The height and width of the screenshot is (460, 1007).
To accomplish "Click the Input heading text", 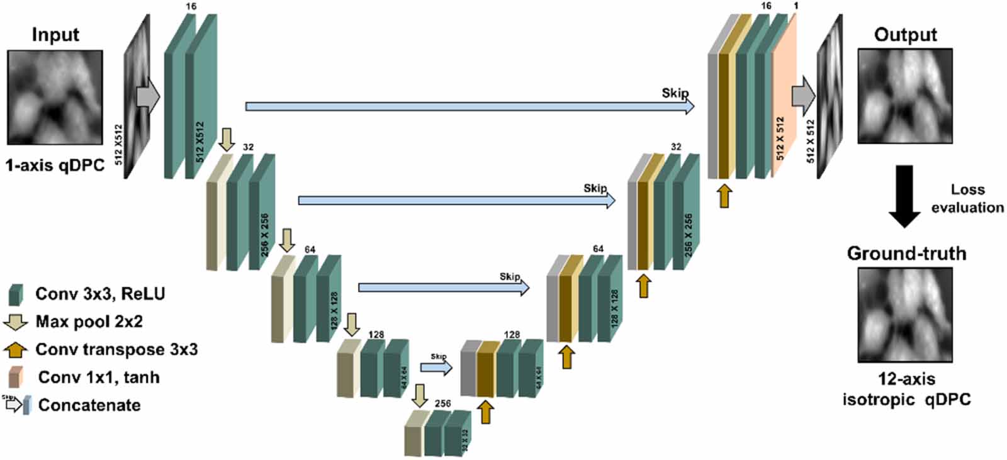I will (x=55, y=35).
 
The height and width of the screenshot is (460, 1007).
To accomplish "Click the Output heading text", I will (x=905, y=35).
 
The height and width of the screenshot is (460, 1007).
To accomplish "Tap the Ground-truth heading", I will (x=906, y=254).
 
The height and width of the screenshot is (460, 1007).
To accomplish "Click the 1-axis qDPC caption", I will (x=55, y=165).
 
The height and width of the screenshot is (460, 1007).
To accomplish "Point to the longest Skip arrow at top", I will (x=469, y=106).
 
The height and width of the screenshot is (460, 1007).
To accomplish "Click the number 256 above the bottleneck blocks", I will (x=442, y=403).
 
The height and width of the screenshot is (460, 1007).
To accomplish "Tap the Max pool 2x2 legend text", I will (x=89, y=322).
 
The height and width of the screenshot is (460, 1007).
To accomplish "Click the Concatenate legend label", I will (x=89, y=405).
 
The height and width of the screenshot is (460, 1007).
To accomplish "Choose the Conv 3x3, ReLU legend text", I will (x=100, y=294).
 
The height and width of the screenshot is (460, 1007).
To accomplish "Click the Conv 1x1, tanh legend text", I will (x=98, y=378).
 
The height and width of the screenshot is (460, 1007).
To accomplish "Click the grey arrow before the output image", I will (x=803, y=97).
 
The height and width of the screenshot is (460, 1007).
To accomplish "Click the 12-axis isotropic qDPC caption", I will (x=906, y=389).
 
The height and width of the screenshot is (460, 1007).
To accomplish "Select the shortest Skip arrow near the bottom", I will (x=436, y=367).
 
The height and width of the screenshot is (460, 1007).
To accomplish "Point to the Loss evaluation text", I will (x=967, y=198).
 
